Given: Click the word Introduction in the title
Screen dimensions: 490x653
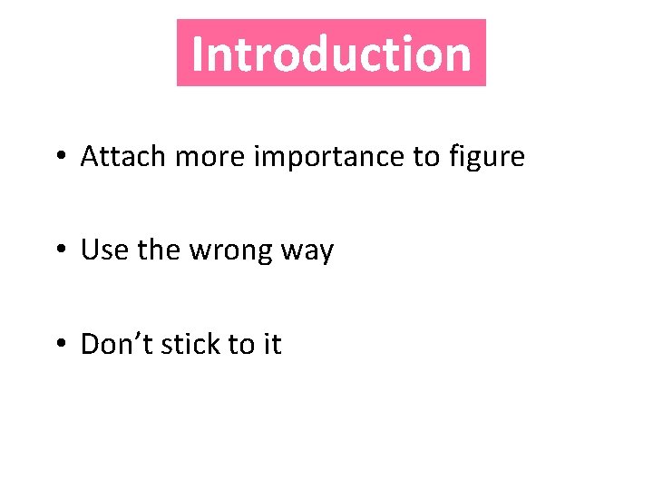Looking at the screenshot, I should tap(331, 54).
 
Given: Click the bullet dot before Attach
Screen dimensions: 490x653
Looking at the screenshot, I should tap(59, 157).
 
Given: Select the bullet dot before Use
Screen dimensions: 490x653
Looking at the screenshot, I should tap(59, 250).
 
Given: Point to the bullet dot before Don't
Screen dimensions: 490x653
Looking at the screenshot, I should tap(59, 345).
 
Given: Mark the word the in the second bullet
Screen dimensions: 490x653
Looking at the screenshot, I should tap(159, 250).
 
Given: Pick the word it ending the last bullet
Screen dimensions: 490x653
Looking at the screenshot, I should tap(273, 345).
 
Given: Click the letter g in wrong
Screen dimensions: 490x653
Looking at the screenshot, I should tap(262, 254).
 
